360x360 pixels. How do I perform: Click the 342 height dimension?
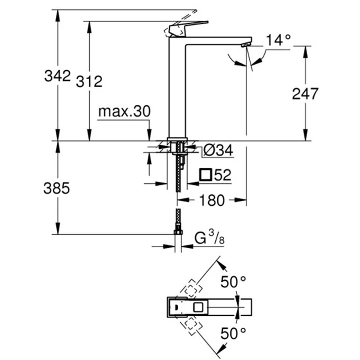(x=58, y=76)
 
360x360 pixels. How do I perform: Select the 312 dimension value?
(x=89, y=81)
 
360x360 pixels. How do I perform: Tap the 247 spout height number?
(x=305, y=94)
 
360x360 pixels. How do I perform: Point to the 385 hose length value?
(x=57, y=189)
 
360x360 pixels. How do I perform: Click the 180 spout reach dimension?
(x=210, y=201)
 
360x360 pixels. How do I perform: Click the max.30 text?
(x=124, y=112)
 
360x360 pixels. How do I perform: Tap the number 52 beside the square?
(x=223, y=175)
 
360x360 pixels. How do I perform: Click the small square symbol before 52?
(x=206, y=175)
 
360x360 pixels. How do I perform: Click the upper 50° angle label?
(x=233, y=283)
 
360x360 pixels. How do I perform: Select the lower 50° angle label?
(x=233, y=333)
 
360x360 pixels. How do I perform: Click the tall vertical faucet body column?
(x=177, y=90)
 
